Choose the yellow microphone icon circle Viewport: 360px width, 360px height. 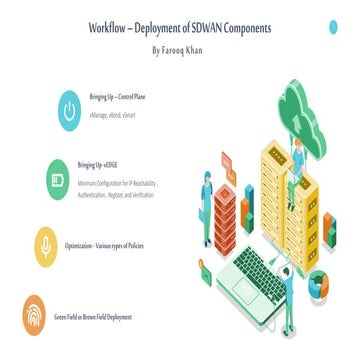pyautogui.click(x=43, y=245)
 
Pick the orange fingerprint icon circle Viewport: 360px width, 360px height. pyautogui.click(x=35, y=316)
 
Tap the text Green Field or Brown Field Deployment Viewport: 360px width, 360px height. pyautogui.click(x=92, y=317)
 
